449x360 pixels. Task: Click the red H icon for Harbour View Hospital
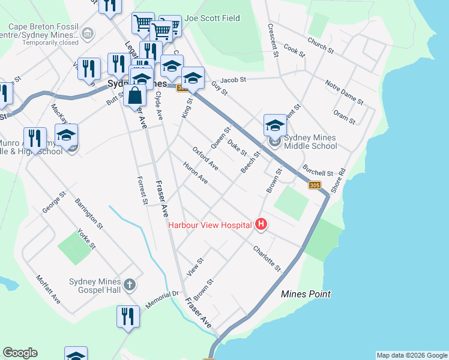point(261,225)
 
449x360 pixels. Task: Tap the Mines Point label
point(306,294)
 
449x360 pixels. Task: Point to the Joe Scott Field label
point(212,19)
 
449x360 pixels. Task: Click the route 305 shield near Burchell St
point(315,185)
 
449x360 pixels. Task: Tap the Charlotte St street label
point(267,257)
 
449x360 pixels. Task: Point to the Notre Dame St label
point(345,91)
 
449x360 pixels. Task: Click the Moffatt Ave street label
point(49,288)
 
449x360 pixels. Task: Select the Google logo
point(20,353)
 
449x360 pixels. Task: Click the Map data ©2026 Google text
point(411,355)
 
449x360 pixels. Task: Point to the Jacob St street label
point(233,80)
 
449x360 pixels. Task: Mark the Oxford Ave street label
point(206,157)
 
